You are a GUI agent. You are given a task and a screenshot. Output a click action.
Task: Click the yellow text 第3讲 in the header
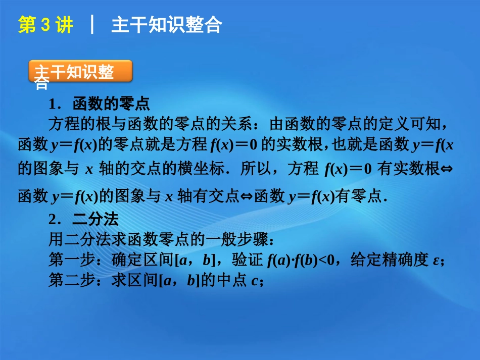point(45,25)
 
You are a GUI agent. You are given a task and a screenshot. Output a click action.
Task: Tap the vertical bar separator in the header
point(92,25)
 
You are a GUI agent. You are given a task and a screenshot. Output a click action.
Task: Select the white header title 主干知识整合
point(166,25)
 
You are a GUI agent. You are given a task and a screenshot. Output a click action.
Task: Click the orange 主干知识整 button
point(80,72)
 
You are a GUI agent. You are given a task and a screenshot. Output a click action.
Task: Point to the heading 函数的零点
point(111,104)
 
